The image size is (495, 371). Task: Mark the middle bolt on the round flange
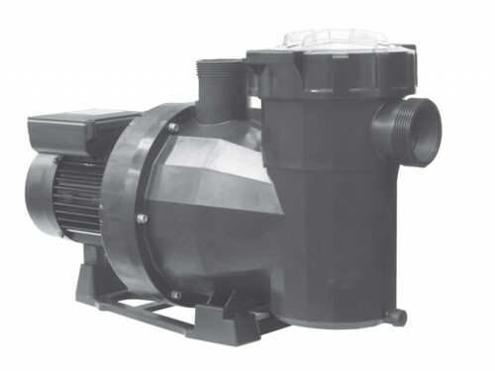tap(141, 219)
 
